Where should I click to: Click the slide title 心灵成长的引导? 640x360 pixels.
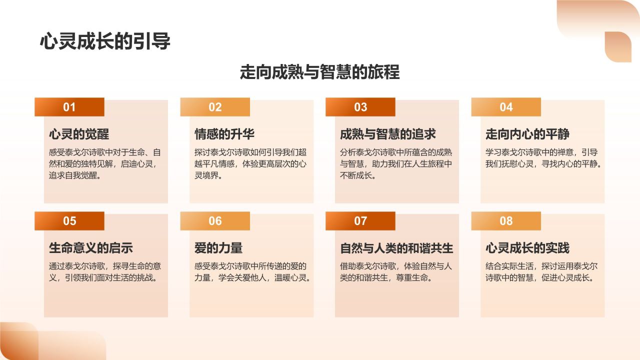pos(105,42)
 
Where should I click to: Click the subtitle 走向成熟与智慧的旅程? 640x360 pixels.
pos(320,72)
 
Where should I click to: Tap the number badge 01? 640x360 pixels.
pos(69,107)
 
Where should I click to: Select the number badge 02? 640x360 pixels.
pos(215,107)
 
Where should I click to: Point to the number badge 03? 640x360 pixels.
pos(360,107)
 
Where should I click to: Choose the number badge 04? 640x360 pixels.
pos(506,107)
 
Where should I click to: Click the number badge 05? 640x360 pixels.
pos(69,221)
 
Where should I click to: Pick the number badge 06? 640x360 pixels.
pos(215,221)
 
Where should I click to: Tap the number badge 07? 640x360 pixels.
pos(360,221)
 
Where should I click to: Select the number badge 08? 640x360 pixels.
pos(506,221)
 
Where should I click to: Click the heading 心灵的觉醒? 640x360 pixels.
pos(79,134)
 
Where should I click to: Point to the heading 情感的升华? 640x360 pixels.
pos(224,134)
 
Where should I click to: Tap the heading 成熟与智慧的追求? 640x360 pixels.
pos(388,134)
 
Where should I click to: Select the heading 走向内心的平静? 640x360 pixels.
pos(527,134)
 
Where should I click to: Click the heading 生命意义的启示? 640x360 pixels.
pos(91,248)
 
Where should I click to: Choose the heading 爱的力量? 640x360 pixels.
pos(218,248)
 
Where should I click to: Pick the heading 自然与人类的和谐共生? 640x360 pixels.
pos(396,248)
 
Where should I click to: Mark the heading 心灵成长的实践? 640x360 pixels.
pos(527,248)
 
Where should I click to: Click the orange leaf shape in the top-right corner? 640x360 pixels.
pos(618,46)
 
